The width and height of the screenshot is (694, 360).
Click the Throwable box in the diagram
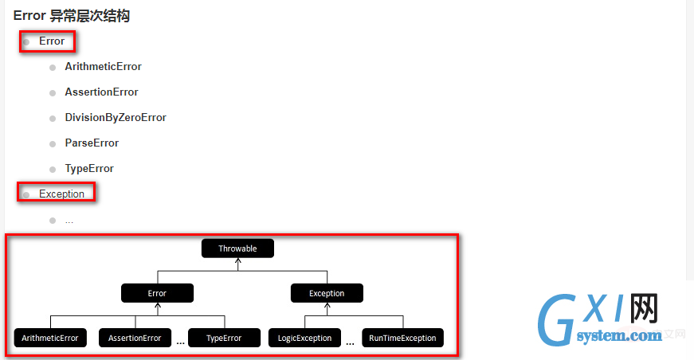(x=237, y=248)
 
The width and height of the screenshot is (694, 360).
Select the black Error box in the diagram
(x=157, y=293)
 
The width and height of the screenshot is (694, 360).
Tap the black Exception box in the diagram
(x=327, y=293)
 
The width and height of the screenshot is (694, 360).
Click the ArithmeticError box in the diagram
(x=50, y=338)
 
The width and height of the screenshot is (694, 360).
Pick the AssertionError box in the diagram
(x=135, y=338)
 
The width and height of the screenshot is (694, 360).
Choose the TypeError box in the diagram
(x=224, y=338)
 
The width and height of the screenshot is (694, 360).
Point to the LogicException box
(x=304, y=338)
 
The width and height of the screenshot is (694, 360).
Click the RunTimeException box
(x=402, y=338)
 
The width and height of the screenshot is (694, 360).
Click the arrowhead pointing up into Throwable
(x=237, y=261)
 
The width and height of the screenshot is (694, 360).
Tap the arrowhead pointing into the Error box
(x=158, y=306)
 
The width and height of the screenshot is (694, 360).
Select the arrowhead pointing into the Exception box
(x=327, y=306)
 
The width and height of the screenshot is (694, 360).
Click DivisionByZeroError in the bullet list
(x=116, y=118)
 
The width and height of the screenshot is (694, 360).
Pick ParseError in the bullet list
(x=92, y=143)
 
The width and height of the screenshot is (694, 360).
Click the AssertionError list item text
(x=101, y=92)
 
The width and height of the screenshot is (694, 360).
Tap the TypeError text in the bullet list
(x=89, y=169)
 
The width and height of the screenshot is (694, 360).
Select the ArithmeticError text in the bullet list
(x=103, y=66)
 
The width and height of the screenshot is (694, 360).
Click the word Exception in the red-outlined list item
(x=61, y=194)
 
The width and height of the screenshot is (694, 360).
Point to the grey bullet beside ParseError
(x=53, y=144)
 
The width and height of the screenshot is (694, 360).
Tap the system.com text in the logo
(x=619, y=335)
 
